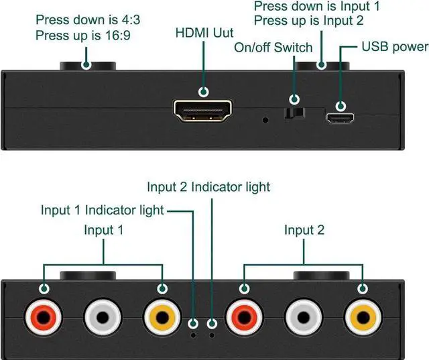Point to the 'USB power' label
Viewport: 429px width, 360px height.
click(x=395, y=47)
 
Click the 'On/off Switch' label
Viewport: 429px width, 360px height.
click(x=273, y=48)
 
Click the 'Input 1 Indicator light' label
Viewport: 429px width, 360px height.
click(x=102, y=211)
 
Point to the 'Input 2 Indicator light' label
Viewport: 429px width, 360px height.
click(x=208, y=186)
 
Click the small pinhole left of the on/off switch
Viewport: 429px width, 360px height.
click(x=266, y=121)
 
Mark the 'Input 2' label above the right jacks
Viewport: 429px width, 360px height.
click(x=304, y=231)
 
